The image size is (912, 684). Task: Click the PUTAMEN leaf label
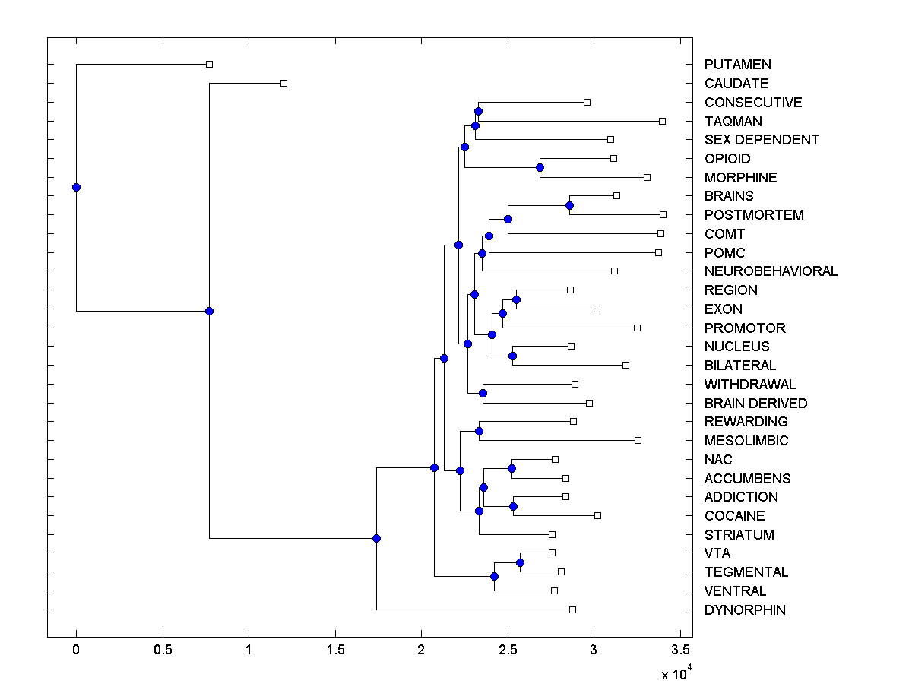pos(737,65)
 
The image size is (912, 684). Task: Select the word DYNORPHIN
pos(745,610)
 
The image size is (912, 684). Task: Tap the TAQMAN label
pos(733,122)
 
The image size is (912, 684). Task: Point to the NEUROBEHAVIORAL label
pos(771,271)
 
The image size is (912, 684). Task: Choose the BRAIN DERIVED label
pos(755,404)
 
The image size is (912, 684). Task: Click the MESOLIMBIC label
pos(746,441)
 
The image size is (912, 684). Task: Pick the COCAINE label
pos(734,516)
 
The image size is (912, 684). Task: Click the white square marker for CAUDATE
pos(283,83)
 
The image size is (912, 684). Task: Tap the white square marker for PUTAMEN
pos(210,65)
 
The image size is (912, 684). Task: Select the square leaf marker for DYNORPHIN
pos(572,610)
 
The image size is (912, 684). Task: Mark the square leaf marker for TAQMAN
pos(662,121)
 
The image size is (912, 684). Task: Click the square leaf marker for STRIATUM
pos(552,534)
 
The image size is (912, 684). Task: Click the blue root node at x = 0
pos(76,187)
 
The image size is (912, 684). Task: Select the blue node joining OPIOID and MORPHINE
pos(540,167)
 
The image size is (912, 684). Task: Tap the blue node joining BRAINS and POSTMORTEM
pos(569,205)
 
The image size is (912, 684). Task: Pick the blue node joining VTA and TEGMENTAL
pos(520,562)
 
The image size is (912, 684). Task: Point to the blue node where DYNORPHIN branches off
pos(376,538)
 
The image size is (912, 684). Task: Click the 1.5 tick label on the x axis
pos(334,650)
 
